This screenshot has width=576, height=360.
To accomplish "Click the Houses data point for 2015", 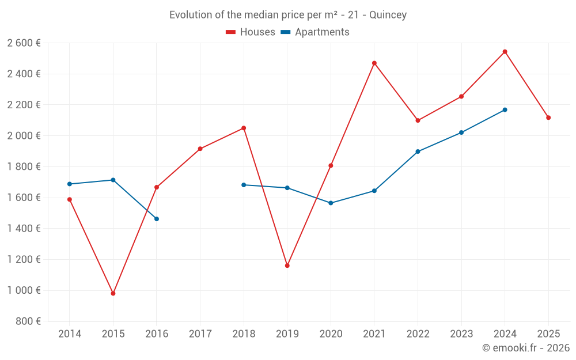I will [113, 293].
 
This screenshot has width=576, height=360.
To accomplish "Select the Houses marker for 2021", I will [374, 63].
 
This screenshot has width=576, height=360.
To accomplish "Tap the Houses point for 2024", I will [505, 52].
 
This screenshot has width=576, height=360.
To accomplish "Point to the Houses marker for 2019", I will [287, 266].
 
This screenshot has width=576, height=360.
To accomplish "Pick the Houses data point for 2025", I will [548, 118].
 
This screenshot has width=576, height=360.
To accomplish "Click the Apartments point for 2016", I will [157, 219].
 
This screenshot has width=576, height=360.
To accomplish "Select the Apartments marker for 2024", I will [505, 109].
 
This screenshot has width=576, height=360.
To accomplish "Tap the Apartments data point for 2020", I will [331, 203].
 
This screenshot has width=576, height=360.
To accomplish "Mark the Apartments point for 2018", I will [244, 185].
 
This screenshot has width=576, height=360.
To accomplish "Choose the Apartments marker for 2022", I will [418, 151].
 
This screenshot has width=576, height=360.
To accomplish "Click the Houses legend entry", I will [251, 32].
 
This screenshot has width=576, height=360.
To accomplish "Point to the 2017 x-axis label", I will [200, 334].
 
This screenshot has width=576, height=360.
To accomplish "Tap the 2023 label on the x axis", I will [461, 334].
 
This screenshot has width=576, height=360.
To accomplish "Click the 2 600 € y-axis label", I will [24, 43].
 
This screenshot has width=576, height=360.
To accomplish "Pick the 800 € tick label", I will [27, 321].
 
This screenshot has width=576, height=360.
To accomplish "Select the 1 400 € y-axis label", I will [24, 229].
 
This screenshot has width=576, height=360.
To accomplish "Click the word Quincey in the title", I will [388, 15].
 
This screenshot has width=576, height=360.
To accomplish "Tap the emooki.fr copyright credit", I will [526, 348].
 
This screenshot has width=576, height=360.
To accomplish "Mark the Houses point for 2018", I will [244, 128].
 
